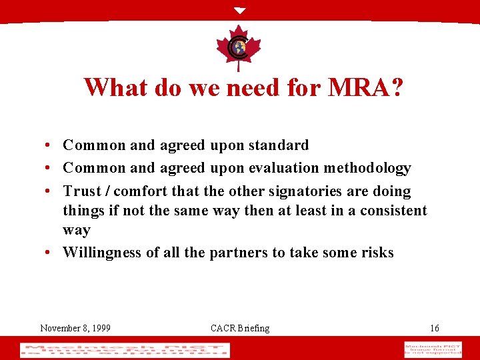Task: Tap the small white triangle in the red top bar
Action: point(240,11)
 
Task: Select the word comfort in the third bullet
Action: point(141,191)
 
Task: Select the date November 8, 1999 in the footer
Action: point(75,328)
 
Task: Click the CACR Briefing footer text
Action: point(240,328)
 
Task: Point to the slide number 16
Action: point(435,328)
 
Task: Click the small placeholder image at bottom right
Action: point(433,349)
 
